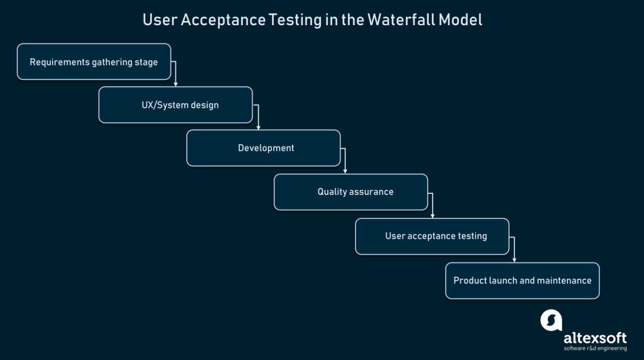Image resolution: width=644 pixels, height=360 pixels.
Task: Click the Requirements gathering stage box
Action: tap(94, 62)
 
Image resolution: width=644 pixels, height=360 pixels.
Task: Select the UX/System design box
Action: tap(176, 105)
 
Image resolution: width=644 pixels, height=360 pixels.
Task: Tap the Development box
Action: tap(263, 148)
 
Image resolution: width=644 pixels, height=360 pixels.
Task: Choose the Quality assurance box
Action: tap(351, 192)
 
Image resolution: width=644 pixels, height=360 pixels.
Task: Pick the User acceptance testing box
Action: tap(432, 236)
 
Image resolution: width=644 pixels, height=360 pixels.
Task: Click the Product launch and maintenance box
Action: tap(522, 281)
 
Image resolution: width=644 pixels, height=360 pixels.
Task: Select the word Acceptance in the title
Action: tap(223, 20)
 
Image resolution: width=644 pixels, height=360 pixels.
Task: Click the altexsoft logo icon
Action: tap(551, 321)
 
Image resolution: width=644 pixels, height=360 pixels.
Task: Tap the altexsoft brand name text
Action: tap(595, 338)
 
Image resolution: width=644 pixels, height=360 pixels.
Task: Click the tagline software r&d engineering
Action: tap(595, 348)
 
